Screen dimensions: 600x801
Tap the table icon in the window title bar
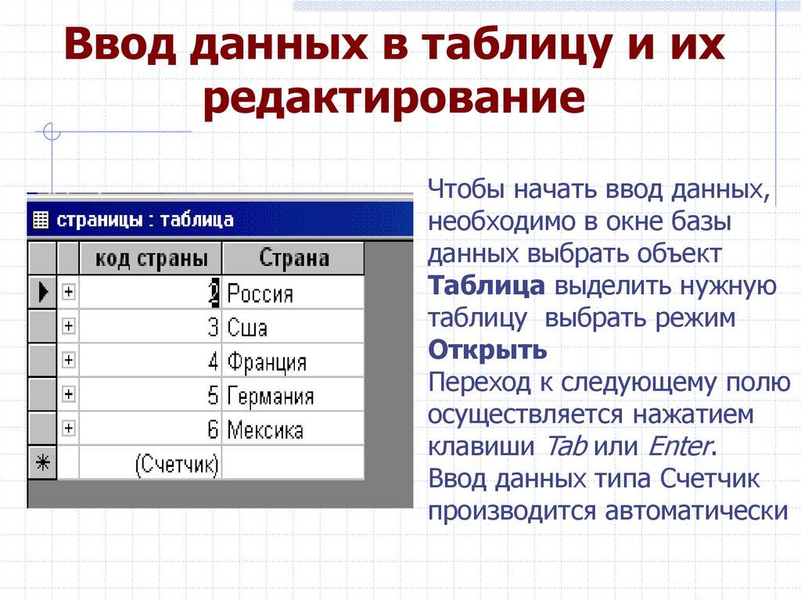pos(41,220)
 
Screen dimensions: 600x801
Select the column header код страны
pos(151,258)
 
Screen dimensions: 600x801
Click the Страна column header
pos(293,258)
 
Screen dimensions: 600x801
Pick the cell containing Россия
pos(293,293)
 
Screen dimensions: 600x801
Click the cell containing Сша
pos(293,327)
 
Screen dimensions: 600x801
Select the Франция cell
pos(293,361)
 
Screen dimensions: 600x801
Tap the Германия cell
pos(293,396)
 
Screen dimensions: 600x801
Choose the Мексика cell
pos(293,429)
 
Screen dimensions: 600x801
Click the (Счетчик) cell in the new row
pos(151,465)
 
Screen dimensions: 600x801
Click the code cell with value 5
pos(151,396)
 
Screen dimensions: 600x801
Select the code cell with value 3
pos(151,327)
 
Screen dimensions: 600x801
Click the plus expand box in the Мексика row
pos(69,429)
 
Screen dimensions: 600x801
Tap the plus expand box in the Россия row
pos(69,292)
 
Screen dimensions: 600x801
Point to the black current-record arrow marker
pos(42,293)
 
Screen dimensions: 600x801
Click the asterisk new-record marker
pos(42,464)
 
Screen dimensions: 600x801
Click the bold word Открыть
pos(487,350)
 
